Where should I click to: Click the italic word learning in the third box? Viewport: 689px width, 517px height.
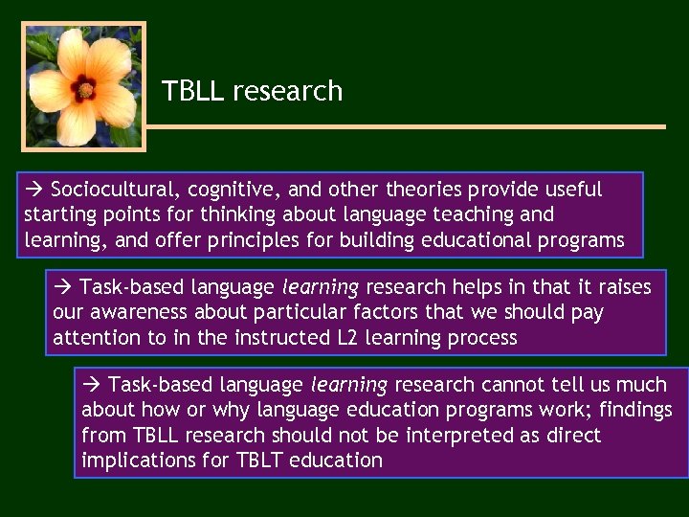[349, 385]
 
